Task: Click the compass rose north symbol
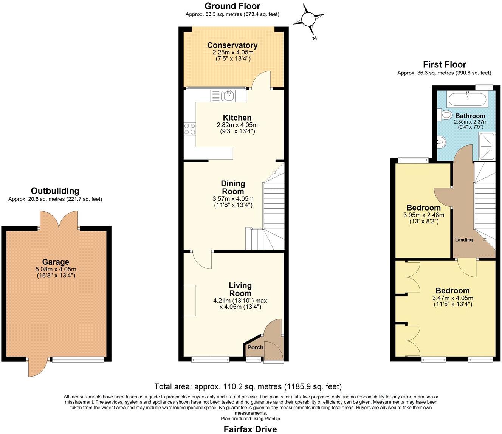308,19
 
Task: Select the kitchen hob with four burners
190,129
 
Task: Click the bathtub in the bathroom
467,99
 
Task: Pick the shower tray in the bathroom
487,146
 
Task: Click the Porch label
255,347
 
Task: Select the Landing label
463,240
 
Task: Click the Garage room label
56,262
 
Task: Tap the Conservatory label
232,45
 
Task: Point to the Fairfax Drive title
250,429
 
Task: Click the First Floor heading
445,64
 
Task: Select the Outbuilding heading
55,191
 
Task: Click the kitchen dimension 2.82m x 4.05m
237,125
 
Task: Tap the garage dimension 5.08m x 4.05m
56,269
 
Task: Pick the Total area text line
248,386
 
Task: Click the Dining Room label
233,187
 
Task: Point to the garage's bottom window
78,359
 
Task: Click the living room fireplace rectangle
190,301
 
